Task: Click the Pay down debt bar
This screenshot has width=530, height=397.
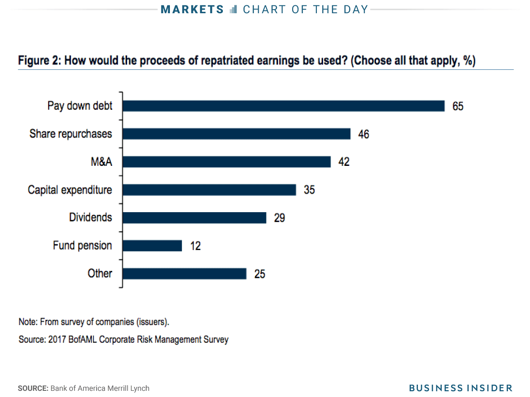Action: (283, 106)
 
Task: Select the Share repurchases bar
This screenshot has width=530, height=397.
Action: (236, 134)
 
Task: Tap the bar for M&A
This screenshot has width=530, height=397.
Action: (226, 162)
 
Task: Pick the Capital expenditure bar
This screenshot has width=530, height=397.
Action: (209, 190)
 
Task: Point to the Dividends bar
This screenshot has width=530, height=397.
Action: (194, 217)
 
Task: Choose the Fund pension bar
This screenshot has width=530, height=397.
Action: (152, 246)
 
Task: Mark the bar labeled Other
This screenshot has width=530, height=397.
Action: (184, 273)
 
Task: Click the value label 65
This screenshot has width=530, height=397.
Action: (458, 106)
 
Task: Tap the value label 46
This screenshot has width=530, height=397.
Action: (363, 134)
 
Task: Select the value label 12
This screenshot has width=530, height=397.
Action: (195, 246)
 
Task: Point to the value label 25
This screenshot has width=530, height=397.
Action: (259, 274)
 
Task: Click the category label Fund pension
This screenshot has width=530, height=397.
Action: (83, 245)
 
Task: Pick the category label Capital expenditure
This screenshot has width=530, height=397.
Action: (70, 190)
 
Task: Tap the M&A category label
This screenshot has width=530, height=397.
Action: (101, 162)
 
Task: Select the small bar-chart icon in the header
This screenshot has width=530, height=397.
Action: (234, 9)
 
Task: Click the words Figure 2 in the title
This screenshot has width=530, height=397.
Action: (38, 60)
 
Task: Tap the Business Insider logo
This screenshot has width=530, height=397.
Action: (460, 388)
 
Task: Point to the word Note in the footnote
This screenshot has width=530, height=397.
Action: (27, 322)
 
